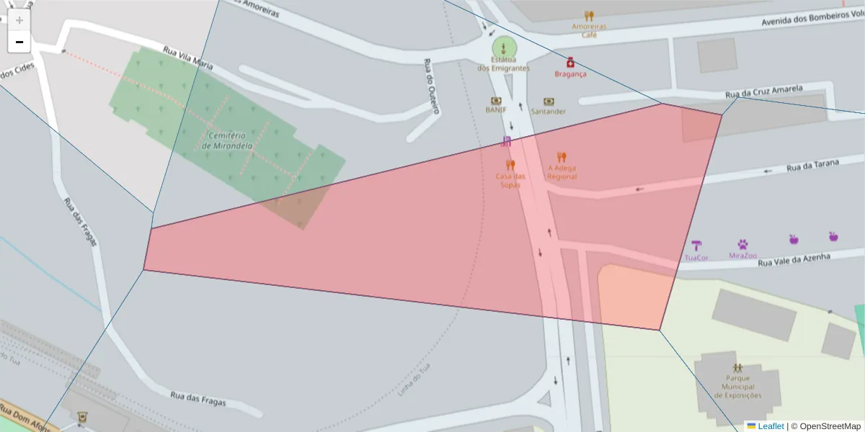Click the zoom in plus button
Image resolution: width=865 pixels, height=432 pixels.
(x=19, y=20)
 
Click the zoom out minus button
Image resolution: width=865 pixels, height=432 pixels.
(x=19, y=42)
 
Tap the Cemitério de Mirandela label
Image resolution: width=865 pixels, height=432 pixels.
(x=227, y=140)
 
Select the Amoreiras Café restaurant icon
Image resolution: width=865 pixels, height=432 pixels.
(x=589, y=16)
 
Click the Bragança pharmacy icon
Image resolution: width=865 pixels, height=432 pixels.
(x=570, y=63)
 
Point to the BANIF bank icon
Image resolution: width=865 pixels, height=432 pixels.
(x=496, y=101)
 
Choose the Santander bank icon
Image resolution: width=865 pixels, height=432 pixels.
(x=549, y=102)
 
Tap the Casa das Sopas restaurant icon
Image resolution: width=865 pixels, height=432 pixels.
(x=510, y=166)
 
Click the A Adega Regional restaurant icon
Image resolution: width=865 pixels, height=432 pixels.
(x=562, y=157)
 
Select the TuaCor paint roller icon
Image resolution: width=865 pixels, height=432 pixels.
(x=696, y=245)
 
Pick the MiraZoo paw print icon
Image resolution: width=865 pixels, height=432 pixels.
(x=742, y=245)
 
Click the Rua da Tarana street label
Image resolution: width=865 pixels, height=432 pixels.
(x=812, y=166)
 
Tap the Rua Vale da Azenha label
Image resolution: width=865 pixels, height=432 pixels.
(x=794, y=259)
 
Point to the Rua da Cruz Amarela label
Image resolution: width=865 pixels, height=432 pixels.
(x=763, y=91)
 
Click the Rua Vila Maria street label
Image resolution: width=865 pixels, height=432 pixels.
(x=188, y=58)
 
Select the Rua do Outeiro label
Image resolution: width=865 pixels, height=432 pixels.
(x=431, y=86)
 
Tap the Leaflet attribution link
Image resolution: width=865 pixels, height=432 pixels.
(x=770, y=426)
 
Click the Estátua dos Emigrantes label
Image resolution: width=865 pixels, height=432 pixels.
(x=503, y=64)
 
